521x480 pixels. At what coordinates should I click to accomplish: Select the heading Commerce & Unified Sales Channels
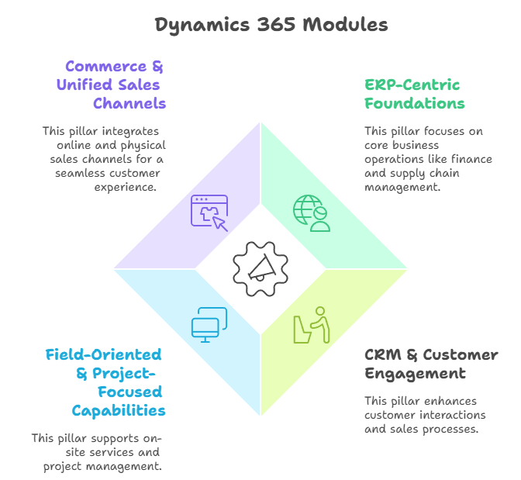[115, 85]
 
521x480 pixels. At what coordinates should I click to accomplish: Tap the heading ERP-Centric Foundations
[414, 94]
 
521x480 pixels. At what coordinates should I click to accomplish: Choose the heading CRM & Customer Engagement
[430, 364]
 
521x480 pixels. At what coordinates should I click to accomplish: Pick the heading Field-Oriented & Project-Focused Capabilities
[104, 382]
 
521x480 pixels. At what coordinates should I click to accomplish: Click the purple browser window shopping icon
[209, 212]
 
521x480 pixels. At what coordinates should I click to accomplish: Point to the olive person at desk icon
[310, 324]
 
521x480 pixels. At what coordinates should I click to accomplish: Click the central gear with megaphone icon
[260, 268]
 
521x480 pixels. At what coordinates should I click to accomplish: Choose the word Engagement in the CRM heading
[415, 373]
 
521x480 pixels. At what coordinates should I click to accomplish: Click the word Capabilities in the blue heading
[116, 409]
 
